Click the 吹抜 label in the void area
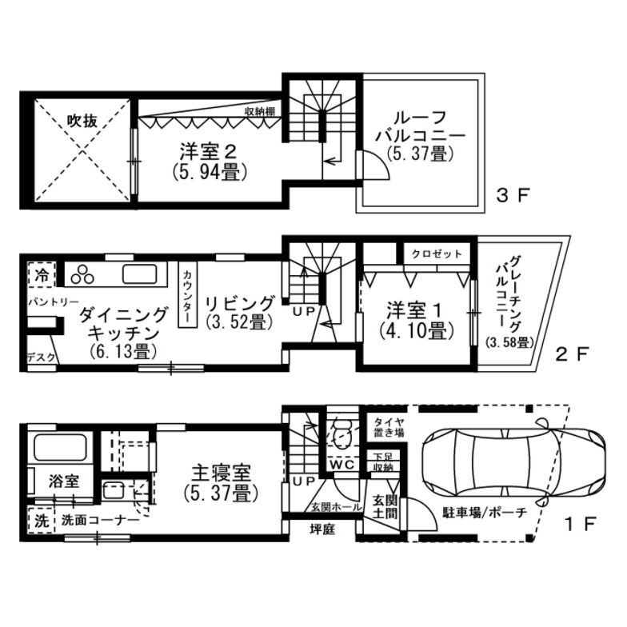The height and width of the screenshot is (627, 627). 82,120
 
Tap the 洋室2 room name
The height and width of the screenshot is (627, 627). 208,152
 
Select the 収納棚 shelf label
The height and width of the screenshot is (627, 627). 260,112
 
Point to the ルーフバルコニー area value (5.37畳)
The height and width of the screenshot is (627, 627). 420,154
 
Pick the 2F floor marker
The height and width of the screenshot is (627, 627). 573,353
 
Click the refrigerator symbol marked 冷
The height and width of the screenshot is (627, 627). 42,275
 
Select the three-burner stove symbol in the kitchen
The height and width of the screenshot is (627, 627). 82,274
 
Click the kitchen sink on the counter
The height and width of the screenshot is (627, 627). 139,274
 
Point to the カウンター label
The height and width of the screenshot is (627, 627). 187,296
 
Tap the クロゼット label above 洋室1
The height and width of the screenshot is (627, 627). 437,254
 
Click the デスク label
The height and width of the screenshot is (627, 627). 40,357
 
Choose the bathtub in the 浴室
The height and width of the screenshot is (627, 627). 61,448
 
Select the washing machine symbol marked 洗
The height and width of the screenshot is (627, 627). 42,520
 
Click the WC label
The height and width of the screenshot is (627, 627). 342,465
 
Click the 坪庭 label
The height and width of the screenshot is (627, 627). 323,529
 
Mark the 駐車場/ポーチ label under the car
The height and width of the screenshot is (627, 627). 485,513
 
